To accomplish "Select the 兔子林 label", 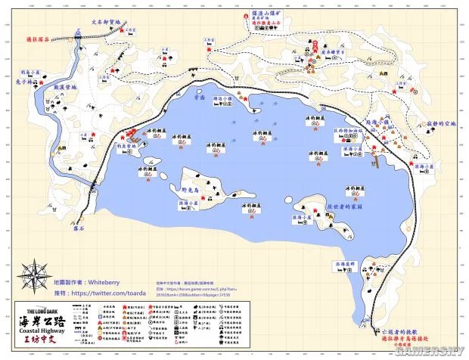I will click(26, 82).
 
